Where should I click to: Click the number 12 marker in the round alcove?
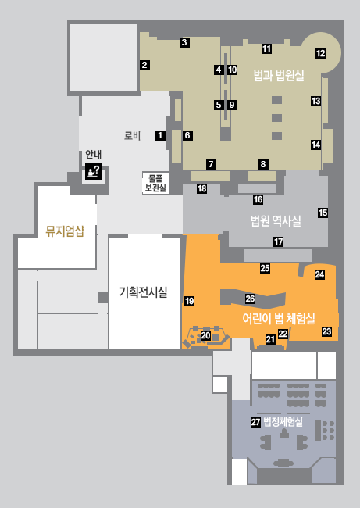(320, 53)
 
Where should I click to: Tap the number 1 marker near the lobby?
(160, 135)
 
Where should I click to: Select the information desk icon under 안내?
(94, 171)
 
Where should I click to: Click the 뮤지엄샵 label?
(65, 231)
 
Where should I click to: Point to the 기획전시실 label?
(143, 292)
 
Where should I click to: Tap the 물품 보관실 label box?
(155, 183)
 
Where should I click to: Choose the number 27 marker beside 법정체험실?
(256, 422)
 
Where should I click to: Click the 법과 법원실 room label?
(279, 76)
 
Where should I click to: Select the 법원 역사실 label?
(276, 221)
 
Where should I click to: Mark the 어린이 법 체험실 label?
(279, 318)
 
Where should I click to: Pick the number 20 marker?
(205, 335)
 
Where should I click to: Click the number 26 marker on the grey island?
(250, 299)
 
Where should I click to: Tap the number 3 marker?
(184, 42)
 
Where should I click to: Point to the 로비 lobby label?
(133, 135)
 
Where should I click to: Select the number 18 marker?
(202, 188)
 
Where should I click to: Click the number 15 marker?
(323, 213)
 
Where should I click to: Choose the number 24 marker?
(319, 274)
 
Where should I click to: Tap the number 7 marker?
(211, 164)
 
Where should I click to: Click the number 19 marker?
(190, 301)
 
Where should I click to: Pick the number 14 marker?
(316, 145)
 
